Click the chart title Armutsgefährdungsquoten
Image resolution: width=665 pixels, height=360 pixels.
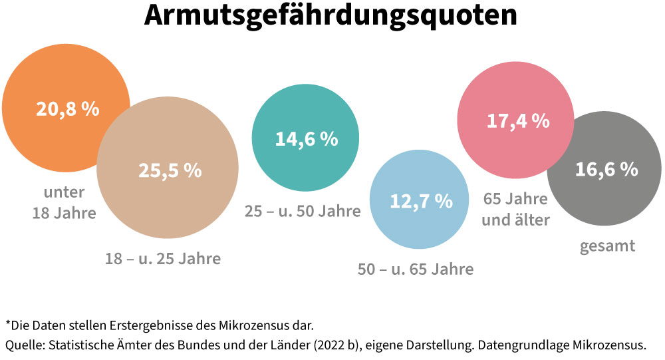[x=331, y=16]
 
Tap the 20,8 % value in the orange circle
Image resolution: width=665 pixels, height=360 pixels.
[x=67, y=109]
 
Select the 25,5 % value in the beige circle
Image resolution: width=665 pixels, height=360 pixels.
[x=170, y=170]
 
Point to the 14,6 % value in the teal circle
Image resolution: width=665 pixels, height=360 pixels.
[x=306, y=139]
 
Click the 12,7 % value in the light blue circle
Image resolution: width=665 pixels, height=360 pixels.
[x=421, y=200]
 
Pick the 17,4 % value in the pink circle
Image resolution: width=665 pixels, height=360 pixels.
[x=518, y=121]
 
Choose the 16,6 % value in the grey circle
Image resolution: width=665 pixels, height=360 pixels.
[x=606, y=170]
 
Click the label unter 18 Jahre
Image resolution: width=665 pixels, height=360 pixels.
[x=65, y=203]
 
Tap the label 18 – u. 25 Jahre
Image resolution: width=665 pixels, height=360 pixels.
[x=162, y=258]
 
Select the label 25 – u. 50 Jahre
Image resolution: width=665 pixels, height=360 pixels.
[x=303, y=212]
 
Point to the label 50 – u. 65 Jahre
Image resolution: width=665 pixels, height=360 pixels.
[x=416, y=269]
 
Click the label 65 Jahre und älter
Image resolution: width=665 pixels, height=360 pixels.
[x=515, y=209]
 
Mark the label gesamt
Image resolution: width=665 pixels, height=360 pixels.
[x=607, y=246]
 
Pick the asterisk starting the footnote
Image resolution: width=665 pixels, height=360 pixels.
[x=8, y=326]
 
